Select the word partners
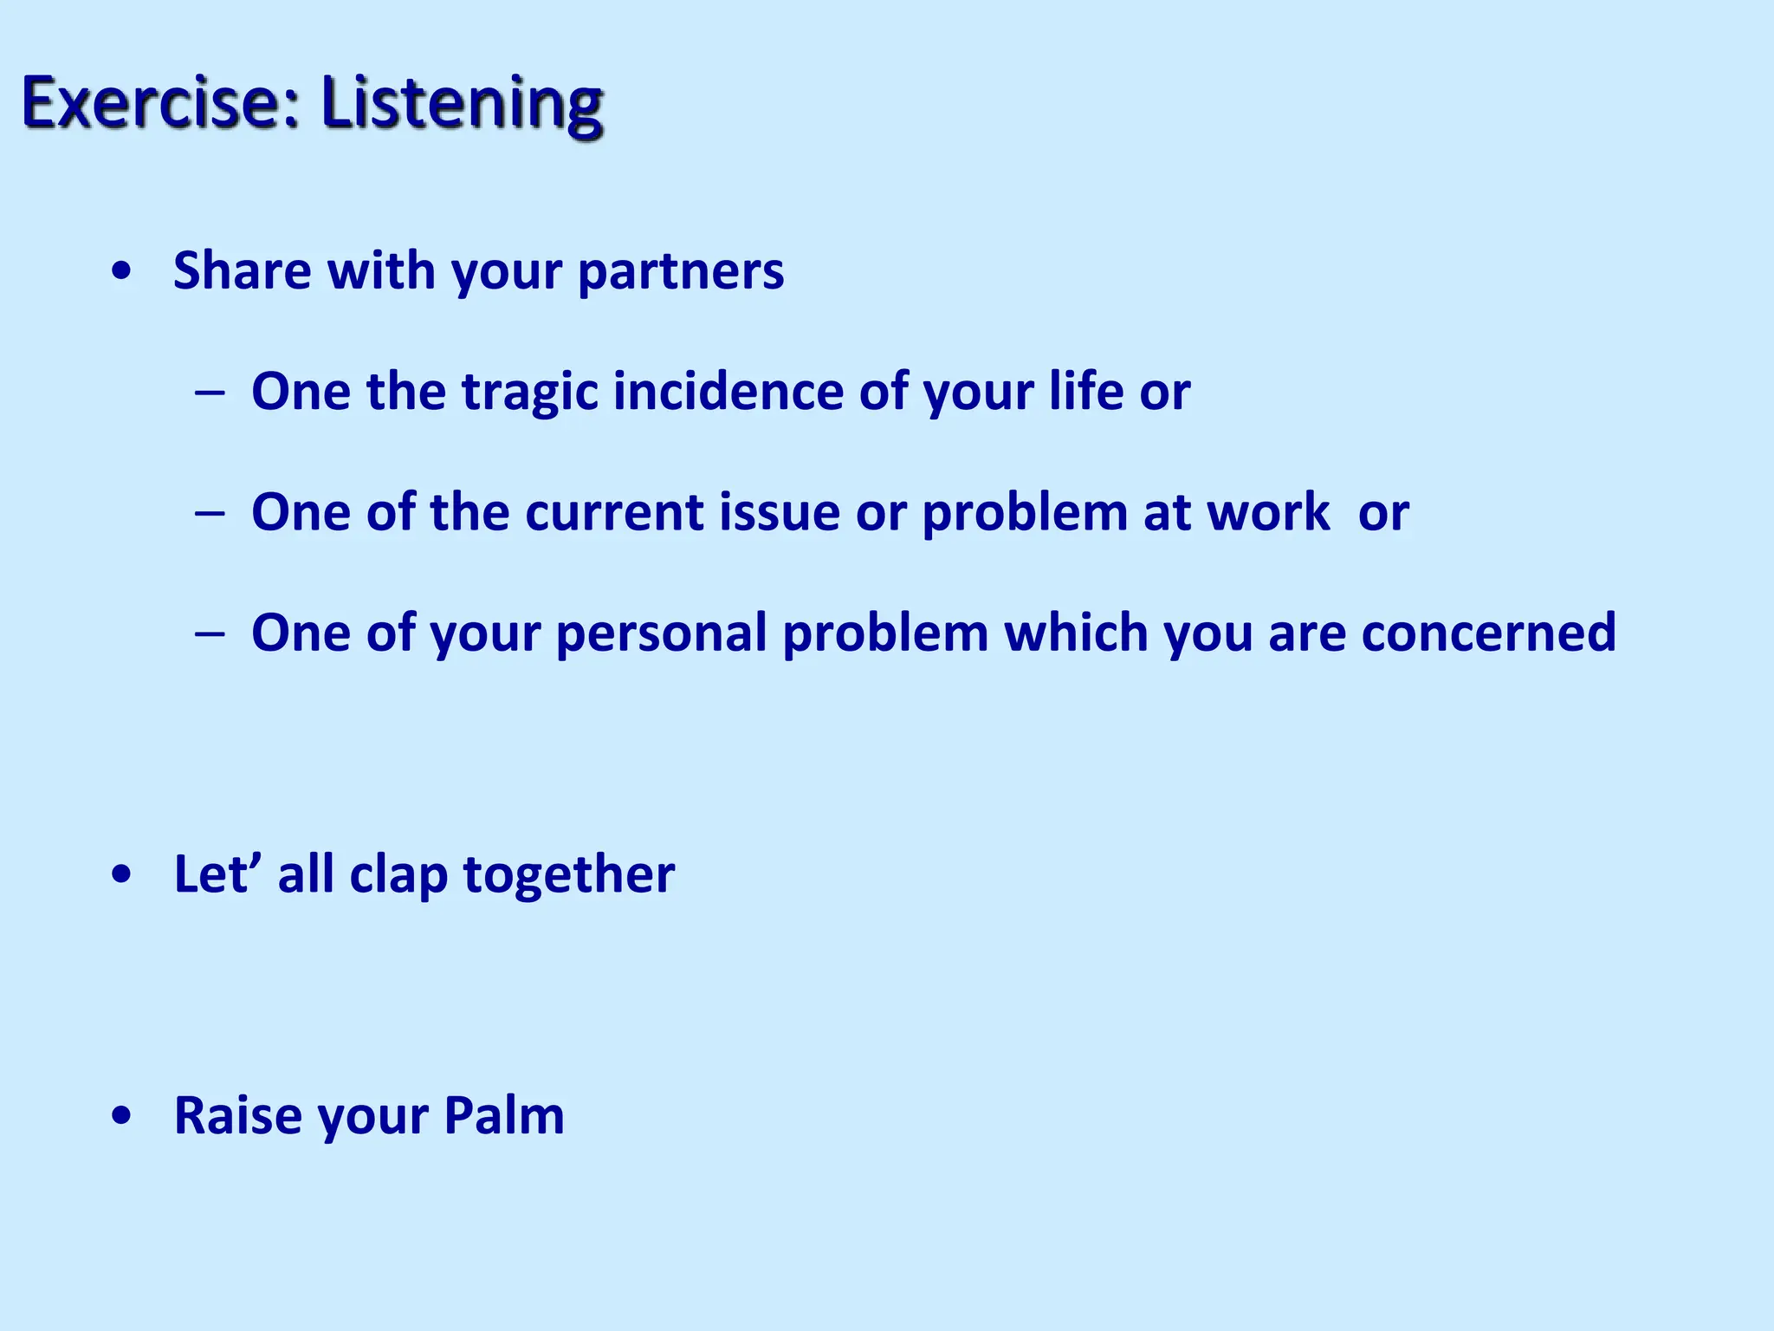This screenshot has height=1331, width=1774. (x=681, y=272)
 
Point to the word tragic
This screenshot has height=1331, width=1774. (x=530, y=393)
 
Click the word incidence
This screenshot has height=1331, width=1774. (x=728, y=391)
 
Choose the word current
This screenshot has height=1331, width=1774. (x=614, y=512)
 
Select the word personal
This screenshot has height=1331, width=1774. (x=662, y=633)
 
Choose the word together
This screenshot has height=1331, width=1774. (x=569, y=875)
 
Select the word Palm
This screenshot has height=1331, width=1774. (x=504, y=1115)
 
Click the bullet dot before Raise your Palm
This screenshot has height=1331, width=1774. (x=122, y=1117)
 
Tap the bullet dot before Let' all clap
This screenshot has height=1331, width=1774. (x=122, y=876)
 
